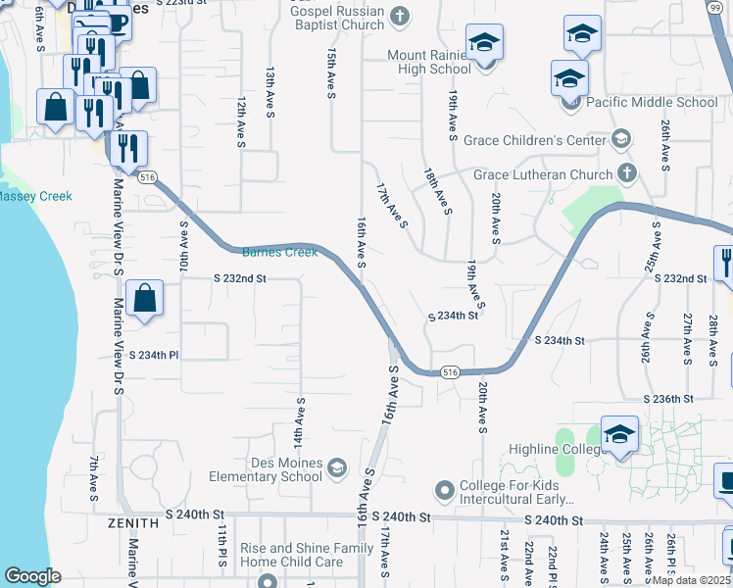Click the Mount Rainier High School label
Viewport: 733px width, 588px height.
point(429,62)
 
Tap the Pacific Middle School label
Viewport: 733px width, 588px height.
point(652,102)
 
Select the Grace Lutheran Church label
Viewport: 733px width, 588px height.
point(543,175)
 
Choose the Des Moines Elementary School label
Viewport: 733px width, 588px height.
point(266,470)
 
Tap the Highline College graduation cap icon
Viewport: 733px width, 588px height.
point(619,436)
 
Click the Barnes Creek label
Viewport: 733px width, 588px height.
point(279,252)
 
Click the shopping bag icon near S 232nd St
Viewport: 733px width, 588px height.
point(144,300)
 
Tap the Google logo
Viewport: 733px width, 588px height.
point(32,575)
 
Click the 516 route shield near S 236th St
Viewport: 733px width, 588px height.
point(450,372)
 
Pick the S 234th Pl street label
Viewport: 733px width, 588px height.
point(156,355)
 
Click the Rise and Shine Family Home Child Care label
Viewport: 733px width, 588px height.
point(292,555)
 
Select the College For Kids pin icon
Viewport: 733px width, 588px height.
point(445,488)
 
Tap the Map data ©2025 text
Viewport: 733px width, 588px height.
point(690,579)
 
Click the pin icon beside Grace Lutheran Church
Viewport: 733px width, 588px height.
point(628,175)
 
